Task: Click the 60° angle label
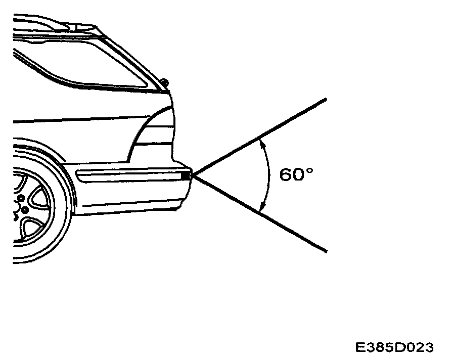click(296, 175)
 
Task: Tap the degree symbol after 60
click(310, 170)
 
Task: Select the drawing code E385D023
click(394, 348)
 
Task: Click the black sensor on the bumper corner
click(185, 175)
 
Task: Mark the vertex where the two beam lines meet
click(193, 175)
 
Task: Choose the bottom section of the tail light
click(152, 153)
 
